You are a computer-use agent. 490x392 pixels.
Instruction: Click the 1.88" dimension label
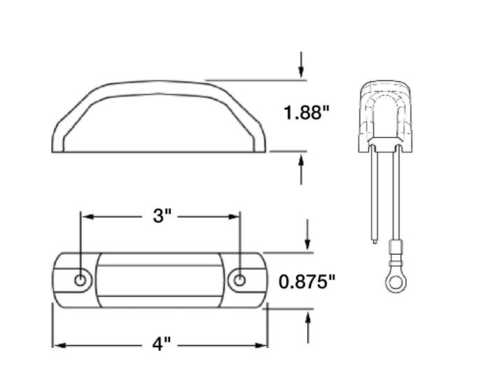(307, 112)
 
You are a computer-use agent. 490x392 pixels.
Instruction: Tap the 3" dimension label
(162, 216)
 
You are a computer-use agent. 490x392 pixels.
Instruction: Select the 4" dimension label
(162, 344)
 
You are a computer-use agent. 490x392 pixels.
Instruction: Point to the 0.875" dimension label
(307, 281)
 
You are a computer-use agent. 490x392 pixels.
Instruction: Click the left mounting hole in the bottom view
(80, 280)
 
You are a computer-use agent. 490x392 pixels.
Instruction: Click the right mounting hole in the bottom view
(239, 280)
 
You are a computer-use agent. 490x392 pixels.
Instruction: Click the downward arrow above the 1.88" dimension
(301, 64)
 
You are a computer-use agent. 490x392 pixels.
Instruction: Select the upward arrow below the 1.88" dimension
(301, 170)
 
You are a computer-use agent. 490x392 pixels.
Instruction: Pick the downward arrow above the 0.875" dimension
(308, 234)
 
